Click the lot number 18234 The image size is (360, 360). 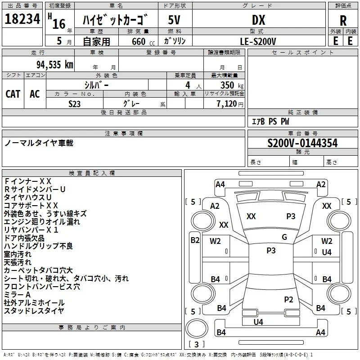[22, 19]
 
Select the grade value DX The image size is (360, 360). [258, 20]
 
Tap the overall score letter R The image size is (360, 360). [343, 21]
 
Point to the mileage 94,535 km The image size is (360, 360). [55, 65]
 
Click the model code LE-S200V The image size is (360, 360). [258, 41]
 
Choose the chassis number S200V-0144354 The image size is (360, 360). [302, 143]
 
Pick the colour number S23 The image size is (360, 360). [74, 104]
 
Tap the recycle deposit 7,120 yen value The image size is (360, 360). [230, 104]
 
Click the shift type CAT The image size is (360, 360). [13, 94]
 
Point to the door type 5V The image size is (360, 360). [174, 20]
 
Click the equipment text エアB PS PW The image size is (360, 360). [270, 121]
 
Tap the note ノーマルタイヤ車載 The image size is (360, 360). [39, 143]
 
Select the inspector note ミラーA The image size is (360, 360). [17, 295]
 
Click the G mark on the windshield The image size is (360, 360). [284, 237]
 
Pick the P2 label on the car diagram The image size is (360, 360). [288, 299]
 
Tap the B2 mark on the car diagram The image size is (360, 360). [195, 240]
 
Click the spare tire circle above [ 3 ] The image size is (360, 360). [197, 328]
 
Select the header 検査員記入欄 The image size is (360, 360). [92, 173]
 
